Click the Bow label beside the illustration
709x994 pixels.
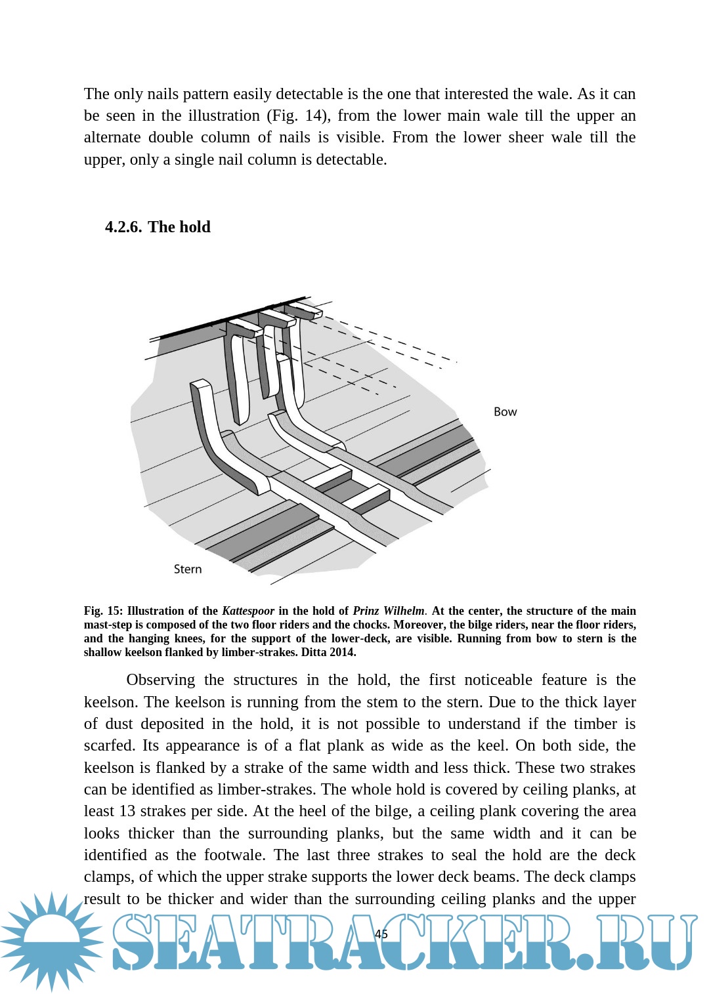(x=505, y=412)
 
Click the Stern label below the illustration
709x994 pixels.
(x=188, y=569)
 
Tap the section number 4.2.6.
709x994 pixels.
(x=123, y=227)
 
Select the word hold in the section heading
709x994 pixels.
(x=194, y=227)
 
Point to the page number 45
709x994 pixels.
(x=381, y=934)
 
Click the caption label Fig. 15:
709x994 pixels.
(x=103, y=611)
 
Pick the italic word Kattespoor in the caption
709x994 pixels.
(x=248, y=611)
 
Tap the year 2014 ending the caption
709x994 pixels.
(x=343, y=653)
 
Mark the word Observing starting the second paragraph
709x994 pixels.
(x=160, y=680)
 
